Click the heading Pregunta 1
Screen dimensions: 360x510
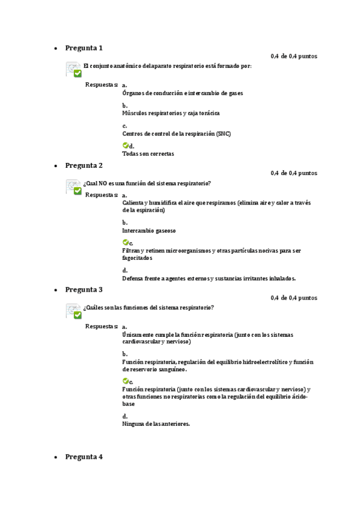click(x=84, y=48)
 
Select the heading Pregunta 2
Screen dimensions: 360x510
click(x=84, y=165)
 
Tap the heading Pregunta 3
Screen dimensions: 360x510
click(x=84, y=289)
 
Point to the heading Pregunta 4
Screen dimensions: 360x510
click(x=84, y=457)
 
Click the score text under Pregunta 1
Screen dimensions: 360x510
click(x=294, y=57)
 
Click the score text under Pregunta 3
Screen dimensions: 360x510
click(x=294, y=298)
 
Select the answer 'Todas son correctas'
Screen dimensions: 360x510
click(x=148, y=154)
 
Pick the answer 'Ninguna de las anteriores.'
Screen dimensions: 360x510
click(x=156, y=424)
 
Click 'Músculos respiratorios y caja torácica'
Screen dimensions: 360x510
click(x=171, y=113)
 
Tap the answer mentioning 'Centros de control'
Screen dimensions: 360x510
click(x=176, y=134)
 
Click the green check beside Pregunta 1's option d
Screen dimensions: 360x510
click(x=125, y=145)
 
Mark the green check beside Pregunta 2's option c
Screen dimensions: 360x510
click(x=125, y=242)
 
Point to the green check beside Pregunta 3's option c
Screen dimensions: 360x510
click(x=125, y=381)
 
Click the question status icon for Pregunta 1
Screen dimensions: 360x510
click(x=74, y=70)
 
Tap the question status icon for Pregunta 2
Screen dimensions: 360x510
click(x=74, y=188)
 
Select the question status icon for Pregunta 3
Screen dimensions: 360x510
click(x=74, y=312)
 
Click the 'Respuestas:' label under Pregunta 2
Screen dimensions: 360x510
click(x=102, y=195)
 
